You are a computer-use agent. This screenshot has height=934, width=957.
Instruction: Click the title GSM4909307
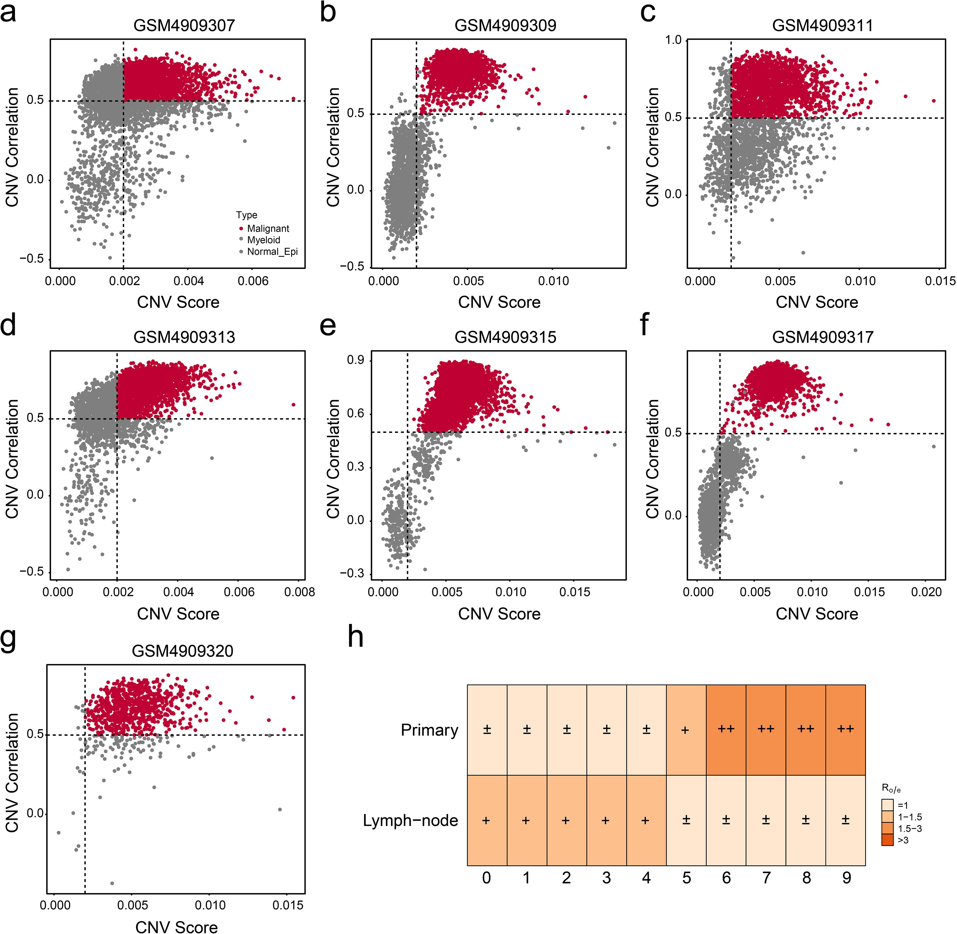click(x=184, y=26)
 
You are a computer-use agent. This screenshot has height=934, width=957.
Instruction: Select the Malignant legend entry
click(x=268, y=228)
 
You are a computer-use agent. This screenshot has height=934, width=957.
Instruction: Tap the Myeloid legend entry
click(x=263, y=240)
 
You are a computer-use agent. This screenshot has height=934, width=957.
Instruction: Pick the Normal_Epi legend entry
click(x=272, y=252)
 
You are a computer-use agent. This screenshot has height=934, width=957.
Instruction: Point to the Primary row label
click(x=429, y=730)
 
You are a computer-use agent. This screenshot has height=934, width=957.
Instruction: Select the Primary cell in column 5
click(x=686, y=730)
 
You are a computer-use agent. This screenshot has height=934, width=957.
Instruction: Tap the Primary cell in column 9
click(x=846, y=730)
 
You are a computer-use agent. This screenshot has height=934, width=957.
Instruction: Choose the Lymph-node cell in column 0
click(x=486, y=820)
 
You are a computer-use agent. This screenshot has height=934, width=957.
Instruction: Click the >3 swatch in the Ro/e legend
click(x=887, y=840)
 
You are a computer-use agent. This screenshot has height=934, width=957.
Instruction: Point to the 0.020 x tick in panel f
click(x=926, y=592)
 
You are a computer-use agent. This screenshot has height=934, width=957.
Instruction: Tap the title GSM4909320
click(x=183, y=651)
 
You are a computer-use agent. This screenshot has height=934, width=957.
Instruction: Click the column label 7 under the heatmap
click(x=766, y=877)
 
